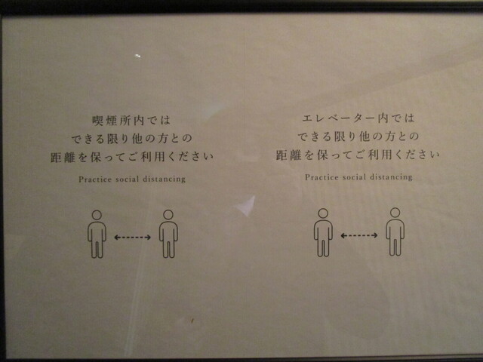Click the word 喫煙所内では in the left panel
tap(131, 121)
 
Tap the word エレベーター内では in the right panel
tap(358, 118)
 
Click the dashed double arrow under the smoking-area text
tap(133, 237)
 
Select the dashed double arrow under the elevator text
tap(359, 235)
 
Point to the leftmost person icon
tap(97, 234)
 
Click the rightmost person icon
tap(395, 232)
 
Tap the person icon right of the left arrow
tap(168, 234)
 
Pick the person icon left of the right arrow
tap(323, 233)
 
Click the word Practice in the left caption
tap(95, 179)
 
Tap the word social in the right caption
tap(354, 177)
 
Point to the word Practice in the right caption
tap(321, 177)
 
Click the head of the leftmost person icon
tap(97, 214)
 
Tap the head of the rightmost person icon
tap(395, 213)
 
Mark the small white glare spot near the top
tap(138, 56)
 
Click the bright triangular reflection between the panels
tap(247, 206)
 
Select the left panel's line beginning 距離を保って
tap(132, 158)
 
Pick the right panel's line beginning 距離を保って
tap(358, 155)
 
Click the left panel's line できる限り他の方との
tap(132, 139)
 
